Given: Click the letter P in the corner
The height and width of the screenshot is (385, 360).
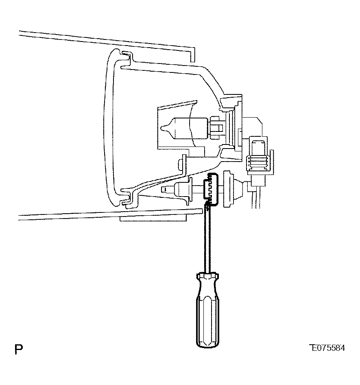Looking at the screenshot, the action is [19, 349].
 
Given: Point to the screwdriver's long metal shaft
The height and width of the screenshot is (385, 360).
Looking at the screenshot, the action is [207, 239].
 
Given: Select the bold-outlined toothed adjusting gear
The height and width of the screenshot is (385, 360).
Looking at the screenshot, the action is [210, 189].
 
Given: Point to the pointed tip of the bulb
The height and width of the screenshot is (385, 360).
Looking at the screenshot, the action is [161, 128].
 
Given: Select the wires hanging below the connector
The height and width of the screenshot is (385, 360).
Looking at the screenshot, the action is [256, 197].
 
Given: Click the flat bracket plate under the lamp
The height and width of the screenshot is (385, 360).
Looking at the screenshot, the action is [153, 218].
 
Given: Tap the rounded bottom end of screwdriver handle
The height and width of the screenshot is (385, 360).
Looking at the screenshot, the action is [207, 345].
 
